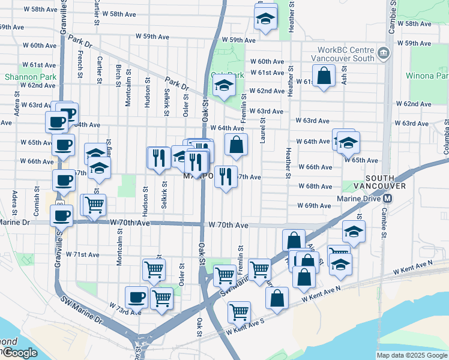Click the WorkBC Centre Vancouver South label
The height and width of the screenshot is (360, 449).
tap(343, 54)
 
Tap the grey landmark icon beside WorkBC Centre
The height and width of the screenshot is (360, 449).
tap(382, 55)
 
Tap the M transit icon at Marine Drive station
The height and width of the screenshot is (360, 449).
tap(388, 199)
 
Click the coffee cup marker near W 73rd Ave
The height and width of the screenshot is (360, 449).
tap(136, 296)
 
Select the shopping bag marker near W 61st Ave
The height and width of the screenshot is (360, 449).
tap(324, 76)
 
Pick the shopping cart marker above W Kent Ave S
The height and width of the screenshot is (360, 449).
tap(239, 311)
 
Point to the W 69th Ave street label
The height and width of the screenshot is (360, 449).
tap(314, 206)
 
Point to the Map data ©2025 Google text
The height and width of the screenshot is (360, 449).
tap(412, 355)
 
